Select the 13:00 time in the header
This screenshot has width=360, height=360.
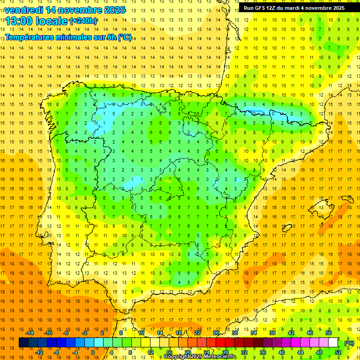click(19, 21)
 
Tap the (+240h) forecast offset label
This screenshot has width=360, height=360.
click(83, 21)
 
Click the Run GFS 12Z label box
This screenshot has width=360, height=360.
click(294, 8)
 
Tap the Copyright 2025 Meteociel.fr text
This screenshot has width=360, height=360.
click(200, 357)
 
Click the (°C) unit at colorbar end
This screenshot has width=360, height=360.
click(349, 343)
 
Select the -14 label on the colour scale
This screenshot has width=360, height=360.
click(30, 333)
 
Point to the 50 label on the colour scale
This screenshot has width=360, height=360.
click(329, 333)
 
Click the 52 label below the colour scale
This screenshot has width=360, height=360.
click(338, 352)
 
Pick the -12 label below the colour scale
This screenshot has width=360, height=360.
click(39, 352)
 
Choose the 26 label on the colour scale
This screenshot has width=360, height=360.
click(216, 333)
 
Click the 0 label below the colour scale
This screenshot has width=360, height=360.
click(92, 352)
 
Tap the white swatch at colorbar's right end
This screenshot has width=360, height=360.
click(333, 343)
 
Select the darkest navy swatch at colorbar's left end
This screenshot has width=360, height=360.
click(23, 343)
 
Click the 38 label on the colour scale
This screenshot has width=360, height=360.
click(272, 333)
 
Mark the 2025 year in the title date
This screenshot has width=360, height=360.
click(114, 10)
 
